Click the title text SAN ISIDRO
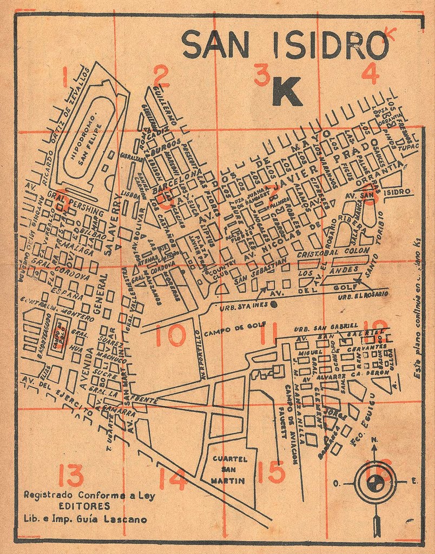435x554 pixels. click(285, 44)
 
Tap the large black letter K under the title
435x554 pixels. click(286, 91)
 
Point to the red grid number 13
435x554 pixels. click(71, 476)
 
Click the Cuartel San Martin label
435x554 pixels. click(230, 469)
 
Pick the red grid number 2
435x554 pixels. click(161, 76)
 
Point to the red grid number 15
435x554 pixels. click(271, 472)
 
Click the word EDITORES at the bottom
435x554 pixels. click(85, 506)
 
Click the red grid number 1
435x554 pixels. click(65, 77)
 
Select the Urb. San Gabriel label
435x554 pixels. click(325, 327)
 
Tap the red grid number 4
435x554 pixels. click(370, 75)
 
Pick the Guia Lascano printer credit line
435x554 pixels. click(85, 518)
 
